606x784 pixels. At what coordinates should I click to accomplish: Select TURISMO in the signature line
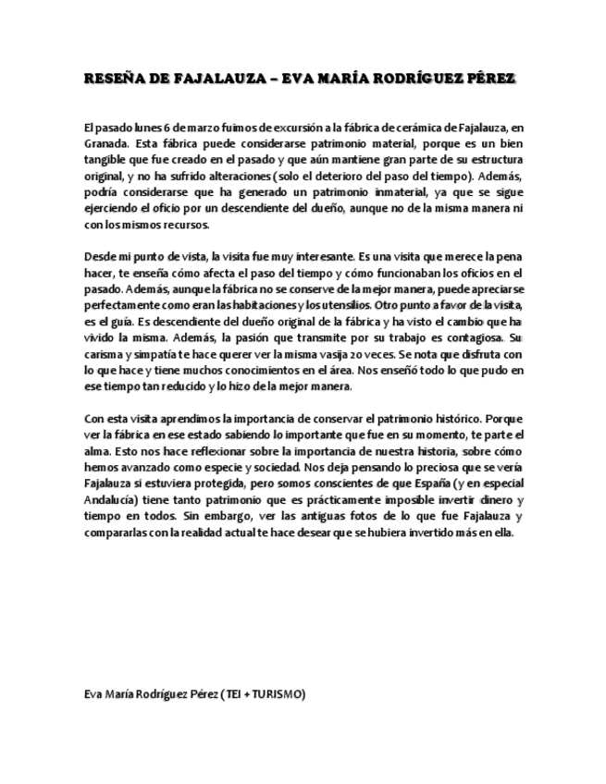point(278,693)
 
